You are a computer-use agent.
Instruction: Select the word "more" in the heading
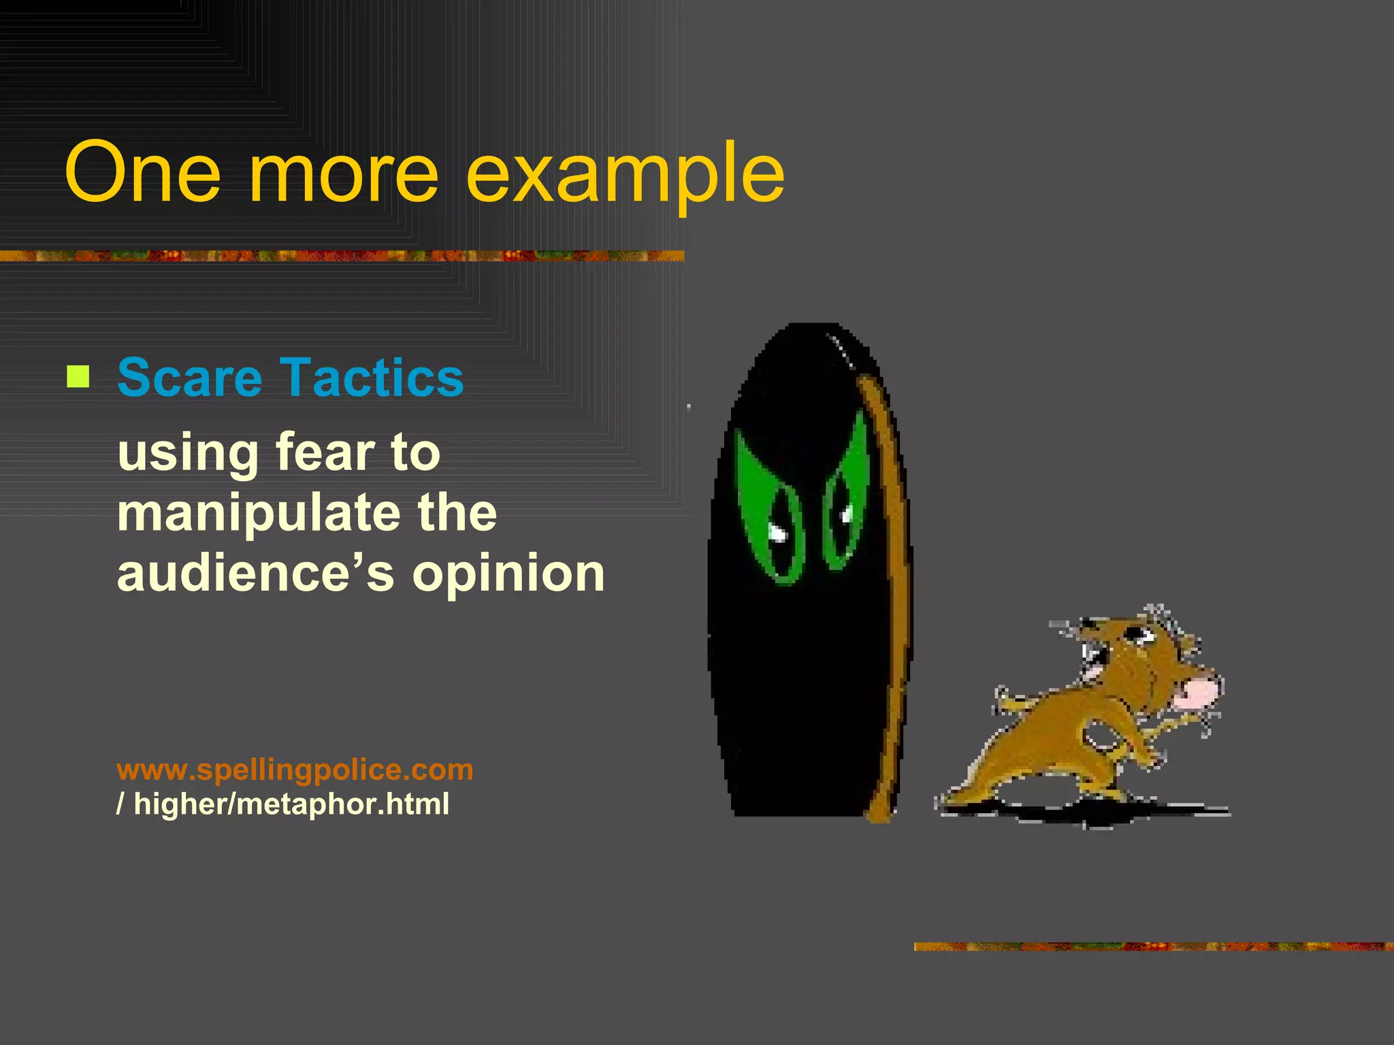click(344, 176)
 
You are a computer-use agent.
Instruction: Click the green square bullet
click(78, 376)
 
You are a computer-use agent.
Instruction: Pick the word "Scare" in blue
click(189, 378)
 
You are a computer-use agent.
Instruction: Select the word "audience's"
click(255, 574)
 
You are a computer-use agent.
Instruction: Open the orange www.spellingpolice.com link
click(295, 769)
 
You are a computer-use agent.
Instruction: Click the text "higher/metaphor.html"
click(291, 804)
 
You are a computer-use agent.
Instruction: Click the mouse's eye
click(1137, 635)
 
